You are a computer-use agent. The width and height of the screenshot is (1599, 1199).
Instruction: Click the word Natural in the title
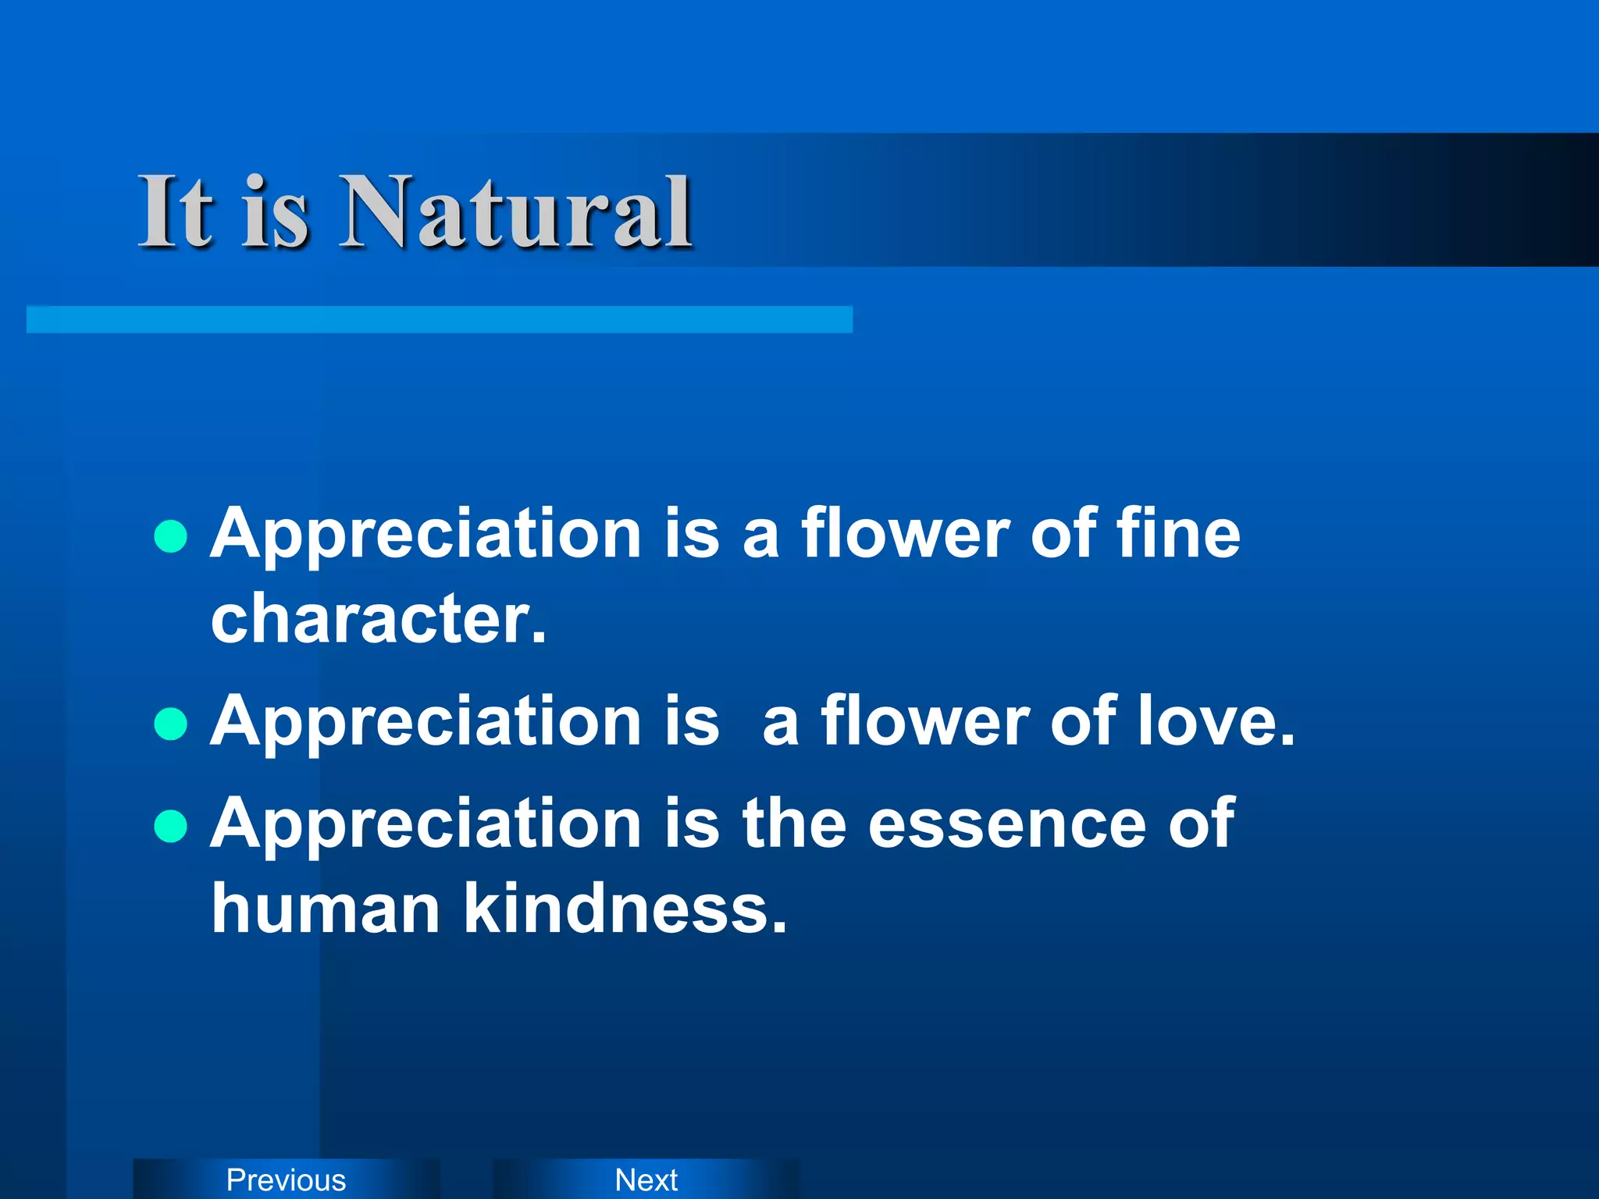click(x=515, y=212)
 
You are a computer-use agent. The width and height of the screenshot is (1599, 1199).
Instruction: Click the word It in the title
click(x=175, y=212)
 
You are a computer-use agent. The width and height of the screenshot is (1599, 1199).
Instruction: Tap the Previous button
click(x=286, y=1179)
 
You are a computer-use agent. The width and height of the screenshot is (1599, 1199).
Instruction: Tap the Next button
click(x=646, y=1179)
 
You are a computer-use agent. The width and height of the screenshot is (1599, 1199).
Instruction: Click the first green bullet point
click(x=170, y=536)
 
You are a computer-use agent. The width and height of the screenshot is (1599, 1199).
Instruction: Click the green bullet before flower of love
click(x=170, y=724)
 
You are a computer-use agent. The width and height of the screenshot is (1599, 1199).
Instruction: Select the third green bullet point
click(x=170, y=827)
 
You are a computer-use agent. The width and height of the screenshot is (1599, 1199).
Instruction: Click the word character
click(x=379, y=619)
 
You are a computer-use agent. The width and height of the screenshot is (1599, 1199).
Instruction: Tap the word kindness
click(x=625, y=909)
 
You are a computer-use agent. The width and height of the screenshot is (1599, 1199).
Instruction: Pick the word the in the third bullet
click(x=793, y=824)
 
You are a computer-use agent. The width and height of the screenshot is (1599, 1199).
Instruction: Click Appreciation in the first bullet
click(x=426, y=535)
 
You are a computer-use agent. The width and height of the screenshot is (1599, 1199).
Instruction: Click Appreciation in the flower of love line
click(x=426, y=723)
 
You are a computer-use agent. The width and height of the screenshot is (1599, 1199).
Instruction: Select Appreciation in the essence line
click(x=426, y=825)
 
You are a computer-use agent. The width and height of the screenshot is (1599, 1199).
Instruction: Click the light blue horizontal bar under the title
click(x=439, y=320)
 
